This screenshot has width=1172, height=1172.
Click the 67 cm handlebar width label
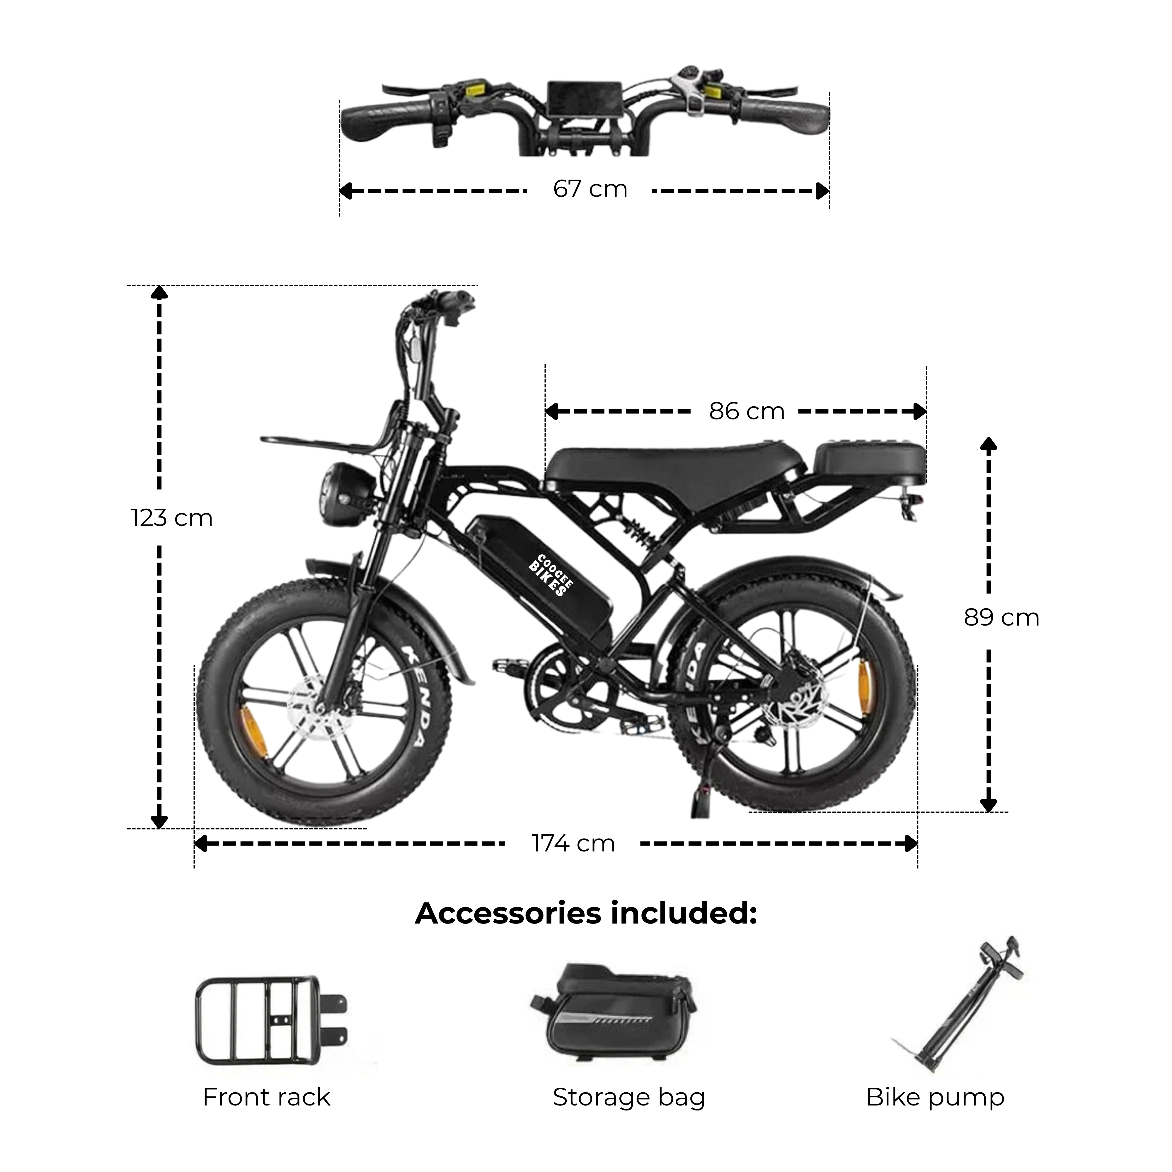590,189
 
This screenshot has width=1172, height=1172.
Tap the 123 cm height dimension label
172,518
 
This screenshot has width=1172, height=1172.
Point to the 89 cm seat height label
1001,618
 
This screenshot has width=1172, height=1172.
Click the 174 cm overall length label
573,843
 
